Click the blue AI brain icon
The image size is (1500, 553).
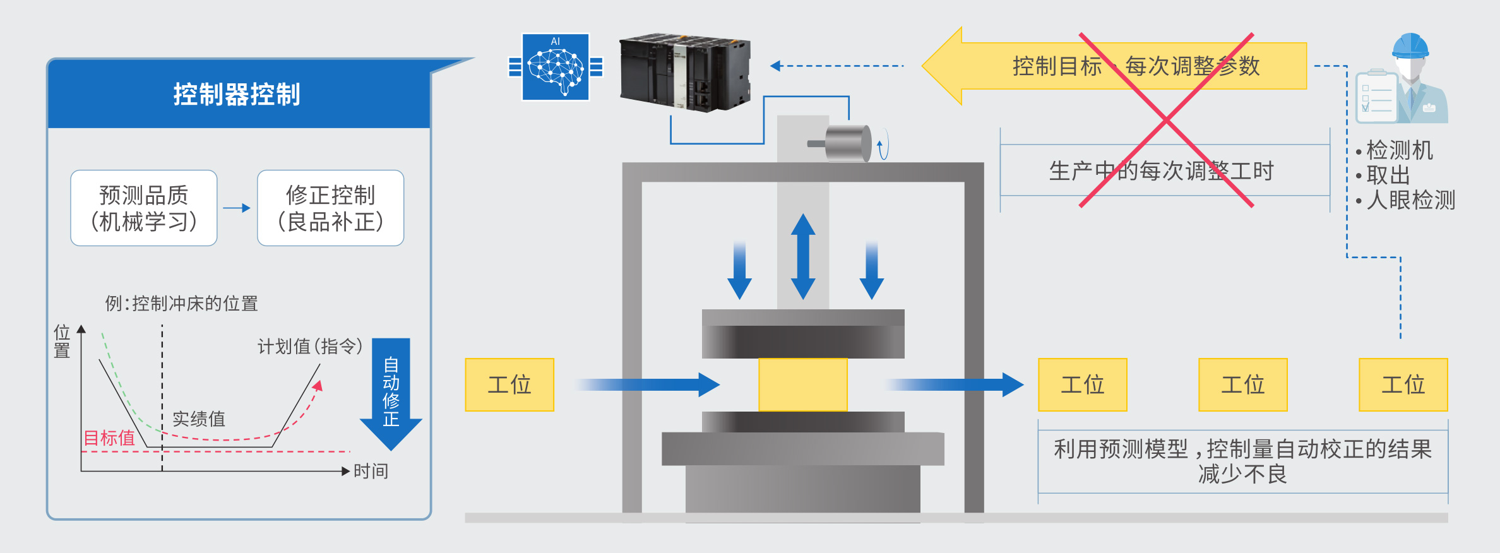tap(556, 67)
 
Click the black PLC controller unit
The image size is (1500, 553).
tap(685, 73)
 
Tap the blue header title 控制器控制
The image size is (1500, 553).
tap(237, 95)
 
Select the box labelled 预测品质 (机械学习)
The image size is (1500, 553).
tap(144, 208)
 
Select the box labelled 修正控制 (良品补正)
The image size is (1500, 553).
tap(330, 208)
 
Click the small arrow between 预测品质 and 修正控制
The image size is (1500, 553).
tap(237, 208)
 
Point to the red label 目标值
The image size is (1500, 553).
tap(109, 437)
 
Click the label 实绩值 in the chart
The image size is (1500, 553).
tap(198, 419)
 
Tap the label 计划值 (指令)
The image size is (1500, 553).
tap(309, 346)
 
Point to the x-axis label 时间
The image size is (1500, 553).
tap(371, 471)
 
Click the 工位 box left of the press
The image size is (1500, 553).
tap(509, 384)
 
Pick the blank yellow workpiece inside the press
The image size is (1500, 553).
tap(802, 384)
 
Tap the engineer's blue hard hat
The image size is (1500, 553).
tap(1410, 46)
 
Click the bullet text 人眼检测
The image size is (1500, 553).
tap(1410, 200)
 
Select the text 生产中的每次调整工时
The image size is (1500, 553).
tap(1161, 171)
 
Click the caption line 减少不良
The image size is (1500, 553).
tap(1242, 474)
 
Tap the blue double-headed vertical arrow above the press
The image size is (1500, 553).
tap(803, 256)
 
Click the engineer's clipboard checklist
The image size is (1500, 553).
tap(1376, 98)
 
